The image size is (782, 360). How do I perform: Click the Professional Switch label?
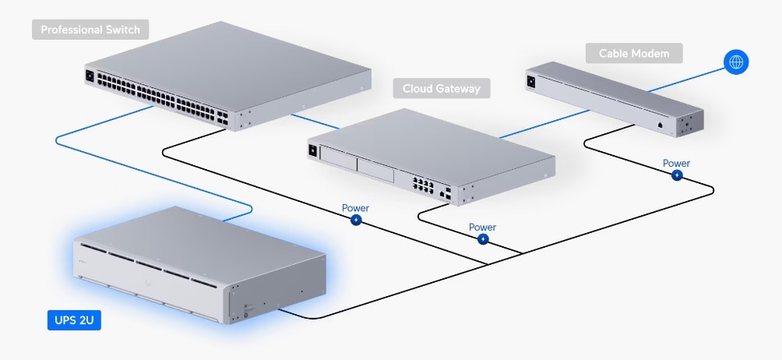[90, 30]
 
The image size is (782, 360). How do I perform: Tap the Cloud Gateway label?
[441, 88]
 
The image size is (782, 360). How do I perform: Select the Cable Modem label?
[634, 54]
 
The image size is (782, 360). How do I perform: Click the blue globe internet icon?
[735, 62]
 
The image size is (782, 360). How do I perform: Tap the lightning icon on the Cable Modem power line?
[677, 175]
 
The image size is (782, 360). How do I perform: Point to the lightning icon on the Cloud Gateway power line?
[483, 239]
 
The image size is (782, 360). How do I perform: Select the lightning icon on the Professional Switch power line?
[356, 221]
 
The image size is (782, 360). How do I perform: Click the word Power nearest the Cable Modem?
[676, 163]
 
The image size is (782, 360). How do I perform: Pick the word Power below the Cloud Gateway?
[482, 227]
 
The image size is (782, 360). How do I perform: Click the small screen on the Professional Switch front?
[90, 76]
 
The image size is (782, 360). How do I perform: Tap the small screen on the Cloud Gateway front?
[314, 151]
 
